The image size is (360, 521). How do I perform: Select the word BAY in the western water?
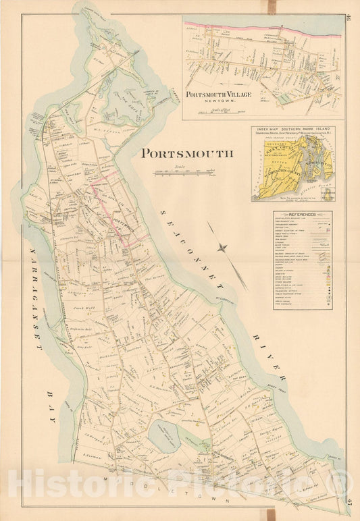pos(50,405)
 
